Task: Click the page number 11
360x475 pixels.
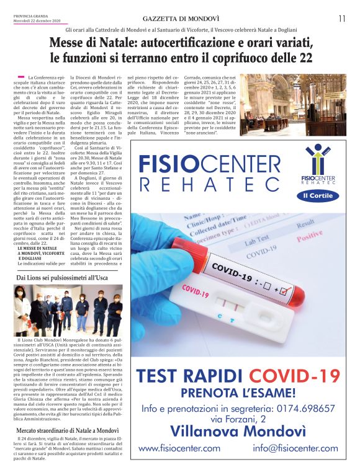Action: pos(342,19)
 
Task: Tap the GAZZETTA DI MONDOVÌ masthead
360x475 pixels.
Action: pos(179,19)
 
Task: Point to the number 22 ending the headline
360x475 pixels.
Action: pos(305,58)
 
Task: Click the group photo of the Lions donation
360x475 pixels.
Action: pos(68,310)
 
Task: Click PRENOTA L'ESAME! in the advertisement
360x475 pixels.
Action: pos(238,393)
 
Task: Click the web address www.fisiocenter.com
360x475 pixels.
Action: pos(179,448)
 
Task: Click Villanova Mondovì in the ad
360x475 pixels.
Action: pos(238,430)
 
